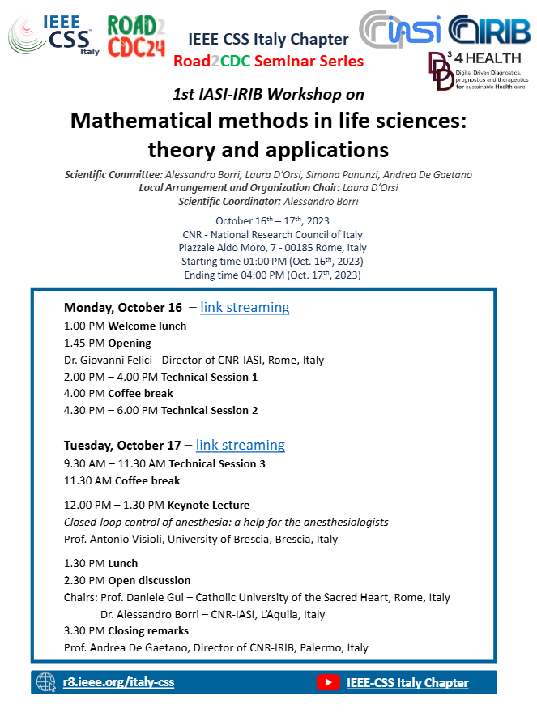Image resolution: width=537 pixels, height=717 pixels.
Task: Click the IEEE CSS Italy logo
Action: click(51, 34)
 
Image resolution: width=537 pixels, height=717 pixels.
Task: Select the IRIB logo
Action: click(487, 29)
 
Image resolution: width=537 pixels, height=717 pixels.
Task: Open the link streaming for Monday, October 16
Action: click(245, 307)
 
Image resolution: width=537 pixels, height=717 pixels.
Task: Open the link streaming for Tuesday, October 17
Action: click(241, 445)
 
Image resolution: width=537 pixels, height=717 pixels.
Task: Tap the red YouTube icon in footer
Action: click(328, 682)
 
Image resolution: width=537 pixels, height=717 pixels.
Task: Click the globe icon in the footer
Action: click(46, 682)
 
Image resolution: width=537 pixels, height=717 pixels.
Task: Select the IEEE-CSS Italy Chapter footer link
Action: click(407, 682)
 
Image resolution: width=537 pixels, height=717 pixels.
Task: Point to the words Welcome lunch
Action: click(147, 326)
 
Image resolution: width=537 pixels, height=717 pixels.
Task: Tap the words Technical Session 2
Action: click(209, 410)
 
